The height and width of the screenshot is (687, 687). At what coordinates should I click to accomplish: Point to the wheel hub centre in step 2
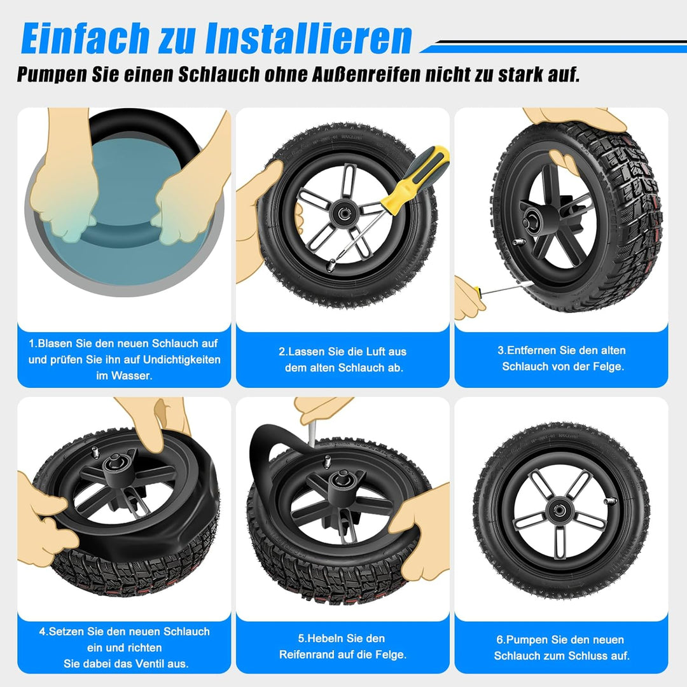click(x=342, y=213)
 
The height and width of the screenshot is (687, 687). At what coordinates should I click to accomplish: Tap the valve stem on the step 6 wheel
click(x=611, y=501)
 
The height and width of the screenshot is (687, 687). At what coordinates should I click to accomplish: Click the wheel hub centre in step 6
click(x=559, y=510)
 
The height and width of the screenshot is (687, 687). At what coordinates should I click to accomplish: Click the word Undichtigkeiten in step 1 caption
click(x=181, y=359)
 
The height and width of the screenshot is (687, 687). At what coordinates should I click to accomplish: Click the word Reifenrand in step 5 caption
click(x=307, y=655)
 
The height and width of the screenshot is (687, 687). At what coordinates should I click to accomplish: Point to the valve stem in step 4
click(x=95, y=452)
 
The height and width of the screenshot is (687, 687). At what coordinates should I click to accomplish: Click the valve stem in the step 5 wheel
click(x=326, y=461)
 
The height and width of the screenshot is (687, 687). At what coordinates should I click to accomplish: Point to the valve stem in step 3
click(x=519, y=242)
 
